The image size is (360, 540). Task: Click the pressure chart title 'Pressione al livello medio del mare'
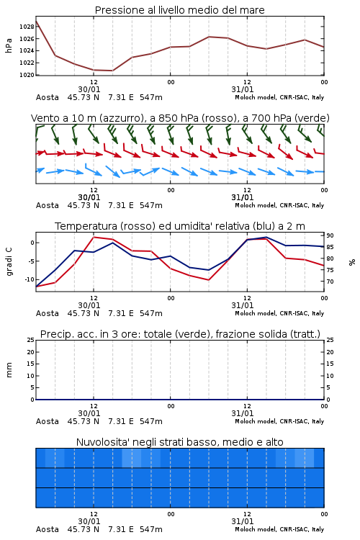click(179, 10)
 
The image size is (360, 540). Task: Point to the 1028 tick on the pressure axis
click(27, 27)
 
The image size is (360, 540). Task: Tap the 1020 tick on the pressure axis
click(27, 75)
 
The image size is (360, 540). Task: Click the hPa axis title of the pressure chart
click(9, 45)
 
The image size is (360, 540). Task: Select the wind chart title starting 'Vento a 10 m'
click(180, 118)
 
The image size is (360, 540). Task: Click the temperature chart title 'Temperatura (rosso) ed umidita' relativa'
click(179, 226)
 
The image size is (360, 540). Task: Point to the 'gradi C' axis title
click(9, 262)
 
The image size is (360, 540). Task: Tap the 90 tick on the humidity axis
click(330, 235)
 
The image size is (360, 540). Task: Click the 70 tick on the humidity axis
click(330, 282)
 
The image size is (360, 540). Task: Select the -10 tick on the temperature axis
click(30, 279)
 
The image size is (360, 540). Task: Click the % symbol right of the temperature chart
click(352, 262)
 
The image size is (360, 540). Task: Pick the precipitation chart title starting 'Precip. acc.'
click(180, 334)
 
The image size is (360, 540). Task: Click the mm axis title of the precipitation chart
click(9, 370)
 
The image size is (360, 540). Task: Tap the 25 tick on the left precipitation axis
click(30, 340)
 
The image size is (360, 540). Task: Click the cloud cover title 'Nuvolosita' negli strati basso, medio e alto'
click(179, 442)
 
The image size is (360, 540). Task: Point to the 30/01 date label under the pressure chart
click(89, 89)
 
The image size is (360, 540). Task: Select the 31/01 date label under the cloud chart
click(242, 521)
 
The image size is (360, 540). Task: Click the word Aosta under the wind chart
click(48, 205)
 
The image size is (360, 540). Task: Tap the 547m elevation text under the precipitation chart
click(151, 421)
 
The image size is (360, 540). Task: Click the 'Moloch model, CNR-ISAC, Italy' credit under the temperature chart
click(279, 313)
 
